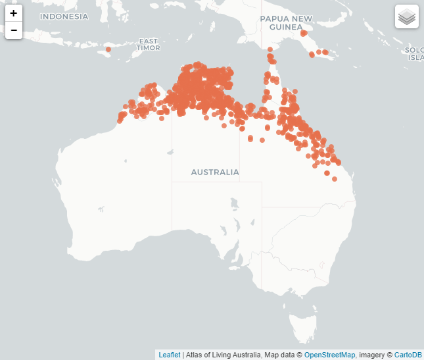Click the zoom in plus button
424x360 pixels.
[14, 13]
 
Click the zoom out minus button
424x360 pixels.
[14, 30]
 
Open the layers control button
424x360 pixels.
[407, 16]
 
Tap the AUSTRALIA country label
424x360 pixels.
[215, 172]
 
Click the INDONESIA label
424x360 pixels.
[64, 16]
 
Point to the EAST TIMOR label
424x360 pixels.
[148, 44]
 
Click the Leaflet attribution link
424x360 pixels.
[170, 355]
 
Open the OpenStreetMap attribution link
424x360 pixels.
[329, 355]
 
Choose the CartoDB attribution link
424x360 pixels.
[408, 355]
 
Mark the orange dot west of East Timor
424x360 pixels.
[108, 49]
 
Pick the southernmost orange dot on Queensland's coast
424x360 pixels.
[334, 178]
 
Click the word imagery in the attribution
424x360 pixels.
[371, 355]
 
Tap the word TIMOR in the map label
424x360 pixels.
[148, 48]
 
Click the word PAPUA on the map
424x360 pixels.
[275, 18]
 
